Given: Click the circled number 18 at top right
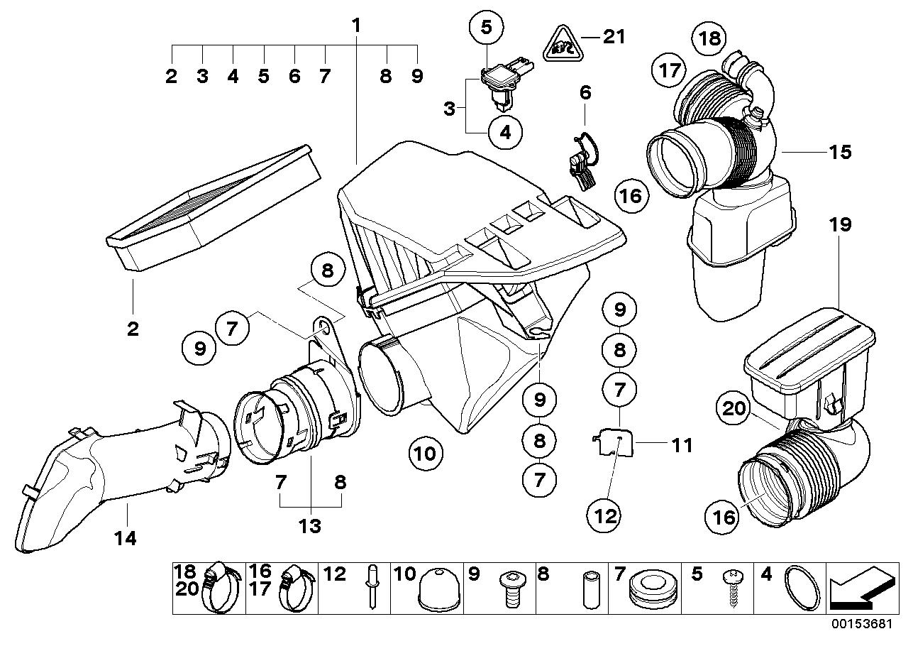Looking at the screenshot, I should pos(710,38).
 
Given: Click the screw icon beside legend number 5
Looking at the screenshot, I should pos(731,588).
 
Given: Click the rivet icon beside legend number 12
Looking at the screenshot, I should pos(372,588).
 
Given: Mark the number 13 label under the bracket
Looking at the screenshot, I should pos(310,526).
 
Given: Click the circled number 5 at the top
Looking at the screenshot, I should pos(486,28).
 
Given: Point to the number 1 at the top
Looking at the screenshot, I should pos(357,26).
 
